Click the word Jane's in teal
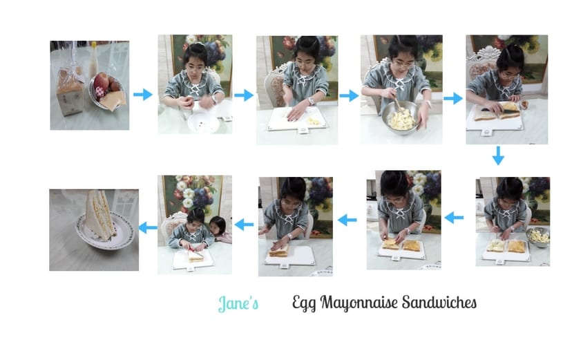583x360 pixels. click(238, 303)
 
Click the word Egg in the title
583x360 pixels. click(304, 303)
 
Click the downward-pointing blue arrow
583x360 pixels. click(498, 155)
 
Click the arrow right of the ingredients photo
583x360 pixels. click(143, 95)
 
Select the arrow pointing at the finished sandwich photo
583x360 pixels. click(148, 227)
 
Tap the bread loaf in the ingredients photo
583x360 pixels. click(70, 91)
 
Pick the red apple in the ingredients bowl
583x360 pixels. click(102, 82)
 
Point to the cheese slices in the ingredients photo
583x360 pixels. click(114, 100)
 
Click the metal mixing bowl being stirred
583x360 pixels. click(401, 117)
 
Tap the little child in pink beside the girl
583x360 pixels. click(220, 230)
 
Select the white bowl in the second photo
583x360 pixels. click(203, 122)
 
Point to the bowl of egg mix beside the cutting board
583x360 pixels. click(538, 237)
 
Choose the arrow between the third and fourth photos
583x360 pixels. click(349, 95)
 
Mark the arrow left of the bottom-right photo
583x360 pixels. click(454, 218)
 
